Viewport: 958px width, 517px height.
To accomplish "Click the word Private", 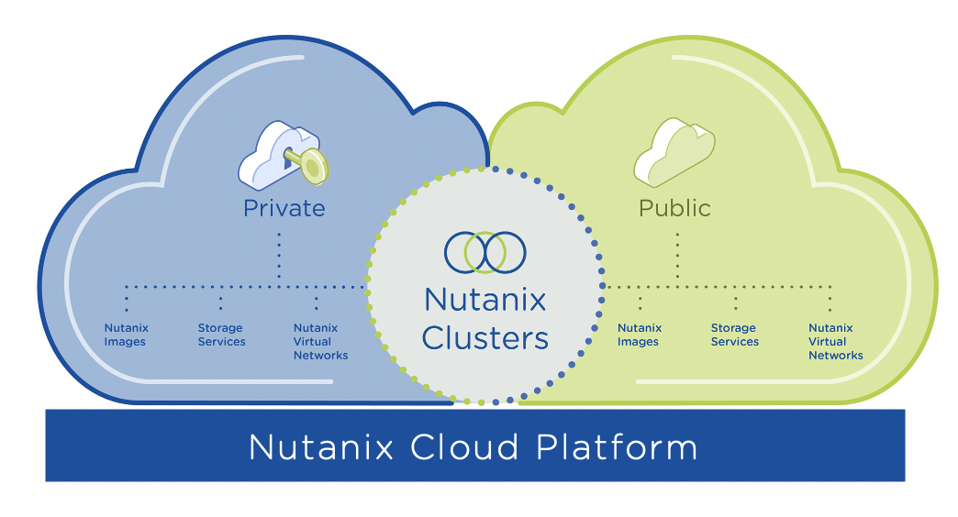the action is click(x=284, y=208).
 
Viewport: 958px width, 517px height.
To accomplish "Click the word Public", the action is click(x=674, y=208).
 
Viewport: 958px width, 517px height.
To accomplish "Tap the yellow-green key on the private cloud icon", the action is click(x=310, y=163).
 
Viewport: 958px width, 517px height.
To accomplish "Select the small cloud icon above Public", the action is click(x=674, y=152).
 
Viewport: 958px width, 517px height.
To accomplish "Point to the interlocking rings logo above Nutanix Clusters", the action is click(x=485, y=252).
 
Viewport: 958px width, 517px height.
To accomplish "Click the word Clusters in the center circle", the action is click(x=485, y=338).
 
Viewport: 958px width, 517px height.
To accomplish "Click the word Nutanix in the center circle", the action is click(x=485, y=300).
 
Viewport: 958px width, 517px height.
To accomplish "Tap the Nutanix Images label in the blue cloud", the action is click(x=126, y=335).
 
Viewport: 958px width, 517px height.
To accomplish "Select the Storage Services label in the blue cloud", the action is click(x=221, y=335).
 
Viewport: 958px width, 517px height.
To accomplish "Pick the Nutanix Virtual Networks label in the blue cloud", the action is click(x=320, y=341).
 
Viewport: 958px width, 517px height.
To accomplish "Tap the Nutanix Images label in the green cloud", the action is click(x=639, y=335).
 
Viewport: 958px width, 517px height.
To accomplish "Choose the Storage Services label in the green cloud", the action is click(x=734, y=335).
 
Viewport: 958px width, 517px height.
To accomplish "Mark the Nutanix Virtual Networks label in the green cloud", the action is click(x=835, y=341).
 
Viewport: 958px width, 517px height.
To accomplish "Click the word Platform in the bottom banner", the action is click(x=617, y=447).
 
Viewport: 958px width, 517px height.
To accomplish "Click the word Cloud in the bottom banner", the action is click(x=464, y=447).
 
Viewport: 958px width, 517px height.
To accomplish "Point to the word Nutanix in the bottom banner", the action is click(x=321, y=447).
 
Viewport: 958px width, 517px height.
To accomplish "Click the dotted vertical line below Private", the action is click(x=279, y=257).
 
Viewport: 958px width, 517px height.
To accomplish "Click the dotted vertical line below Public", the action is click(x=677, y=257).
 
